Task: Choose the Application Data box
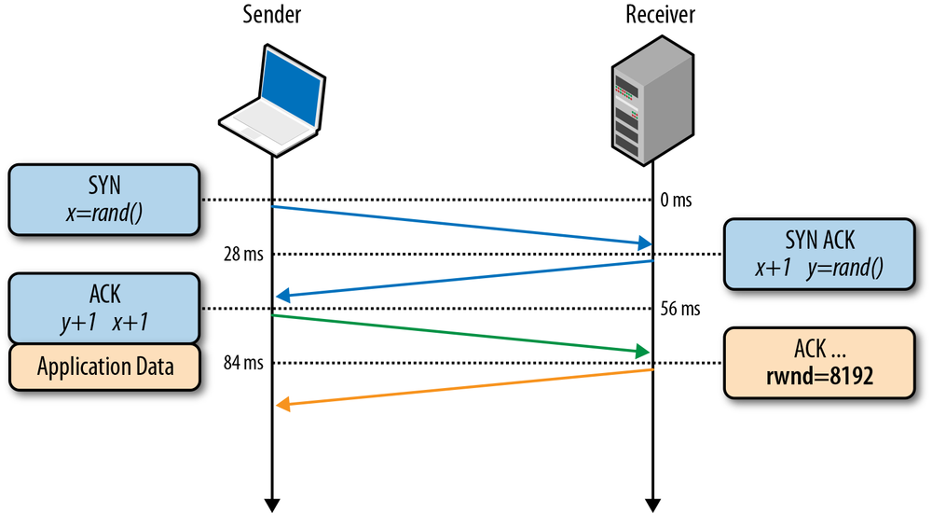click(x=105, y=366)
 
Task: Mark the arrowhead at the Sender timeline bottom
click(x=271, y=505)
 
